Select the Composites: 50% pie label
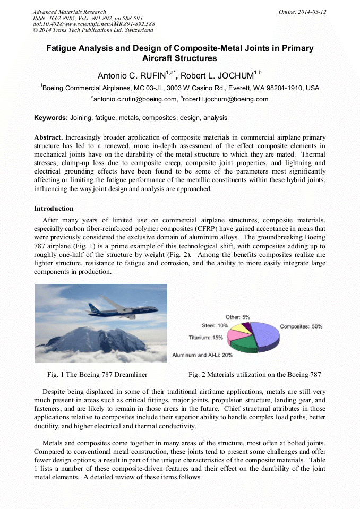[x=301, y=326]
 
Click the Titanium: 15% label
[x=205, y=337]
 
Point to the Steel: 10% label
[x=215, y=325]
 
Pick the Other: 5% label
[x=238, y=316]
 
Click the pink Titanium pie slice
[x=236, y=336]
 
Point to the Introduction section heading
[x=54, y=209]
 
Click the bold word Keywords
[x=50, y=118]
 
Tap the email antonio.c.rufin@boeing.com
[x=135, y=99]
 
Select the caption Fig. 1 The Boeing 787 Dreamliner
[x=97, y=375]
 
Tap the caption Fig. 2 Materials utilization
[x=254, y=375]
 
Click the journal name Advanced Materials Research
[x=69, y=12]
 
